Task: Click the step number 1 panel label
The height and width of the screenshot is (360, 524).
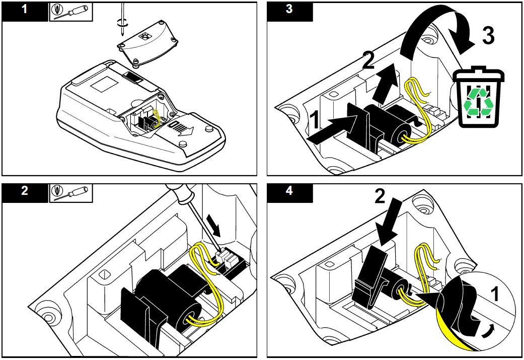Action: click(25, 11)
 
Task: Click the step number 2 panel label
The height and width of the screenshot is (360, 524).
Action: click(25, 192)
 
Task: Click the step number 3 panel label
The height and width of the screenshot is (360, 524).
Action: click(289, 11)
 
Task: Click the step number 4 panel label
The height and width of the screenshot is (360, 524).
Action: click(289, 192)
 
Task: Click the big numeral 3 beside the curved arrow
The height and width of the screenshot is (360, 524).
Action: click(488, 36)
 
